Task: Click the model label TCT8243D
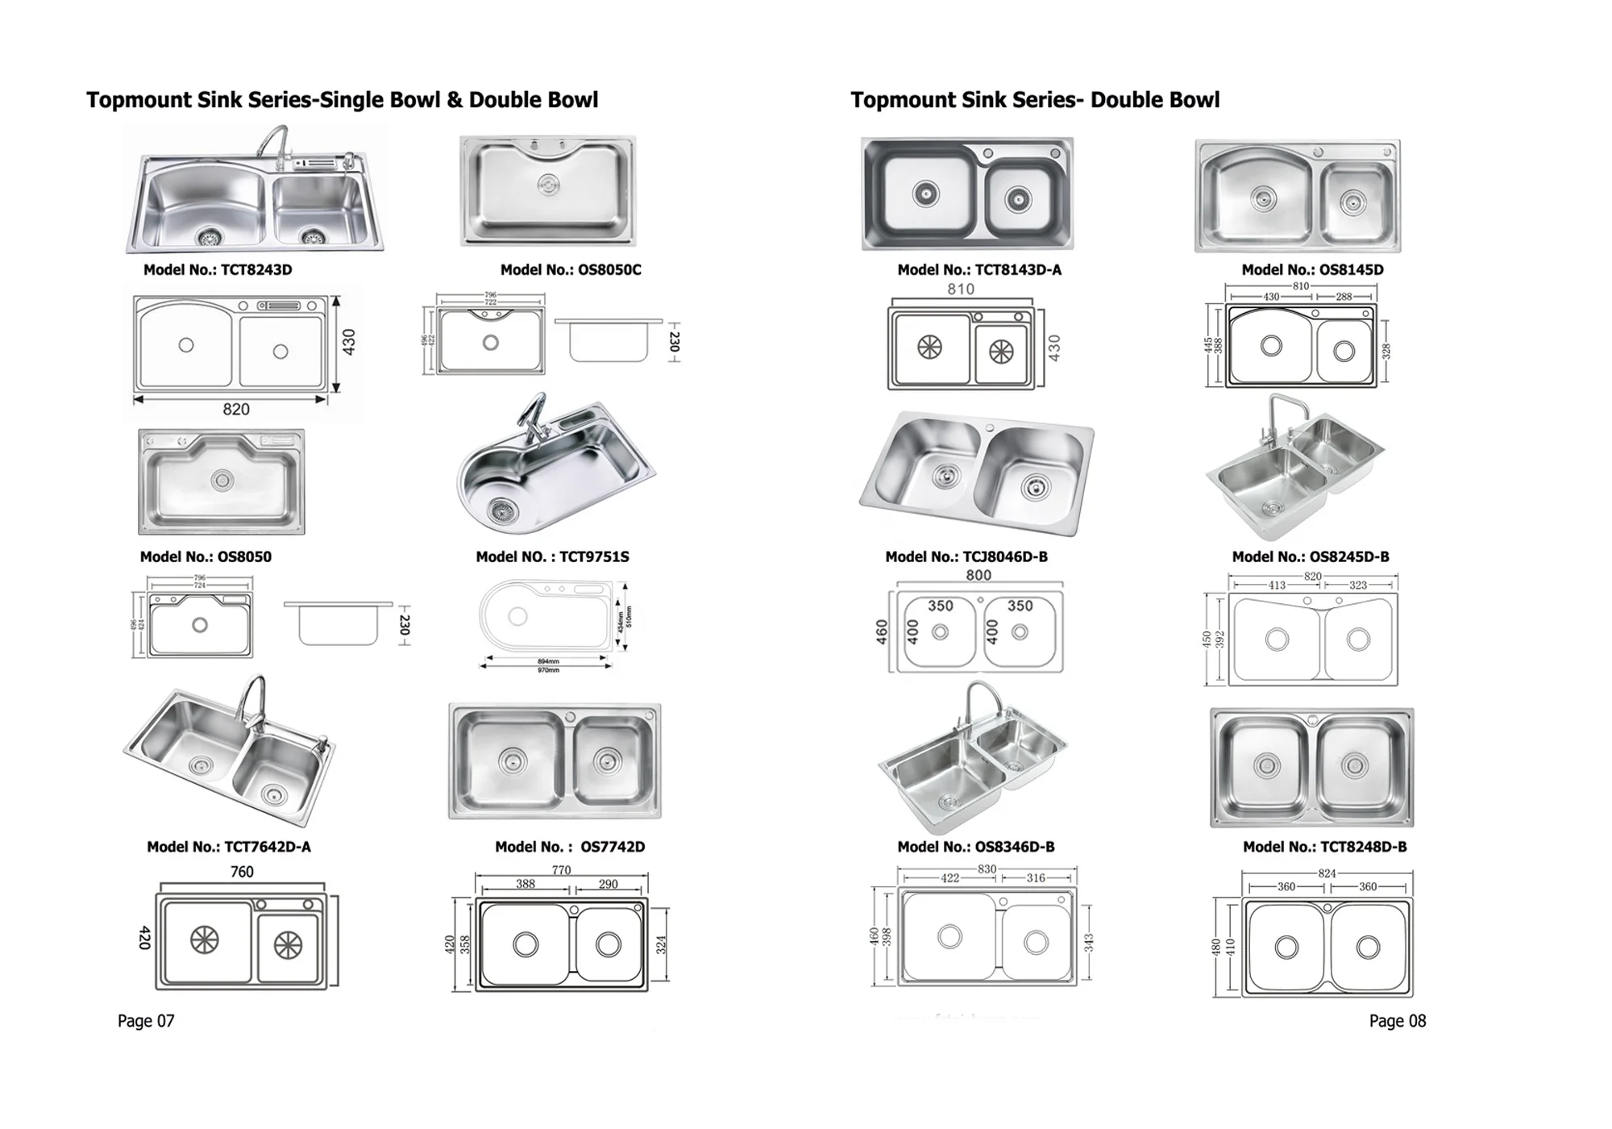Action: point(218,270)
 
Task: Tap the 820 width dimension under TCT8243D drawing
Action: point(236,410)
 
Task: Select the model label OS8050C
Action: point(571,270)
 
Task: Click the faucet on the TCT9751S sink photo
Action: point(532,415)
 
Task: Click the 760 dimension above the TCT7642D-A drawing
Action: point(242,872)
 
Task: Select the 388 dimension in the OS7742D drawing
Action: point(526,884)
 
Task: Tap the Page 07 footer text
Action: point(146,1021)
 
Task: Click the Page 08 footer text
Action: point(1398,1021)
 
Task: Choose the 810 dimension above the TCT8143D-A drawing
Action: point(961,290)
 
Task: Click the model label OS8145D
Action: point(1312,270)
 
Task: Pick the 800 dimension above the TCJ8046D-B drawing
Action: point(978,576)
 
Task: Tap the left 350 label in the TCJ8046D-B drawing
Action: point(940,606)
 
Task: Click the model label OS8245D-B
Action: point(1311,557)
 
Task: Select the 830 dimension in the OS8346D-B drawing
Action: point(987,869)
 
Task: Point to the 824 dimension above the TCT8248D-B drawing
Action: point(1327,873)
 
